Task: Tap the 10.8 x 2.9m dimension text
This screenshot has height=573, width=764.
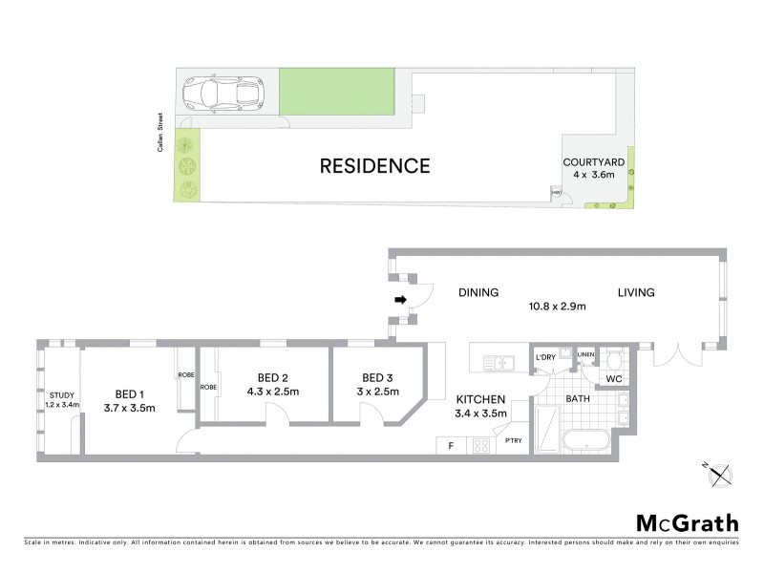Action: [559, 307]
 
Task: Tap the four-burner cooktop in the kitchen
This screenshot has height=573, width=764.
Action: [479, 444]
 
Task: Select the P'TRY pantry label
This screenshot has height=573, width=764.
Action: [513, 440]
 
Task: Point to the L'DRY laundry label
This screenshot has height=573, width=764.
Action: [545, 358]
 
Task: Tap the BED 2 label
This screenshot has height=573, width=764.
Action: [272, 376]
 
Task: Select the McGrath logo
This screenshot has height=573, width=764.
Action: [687, 522]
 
